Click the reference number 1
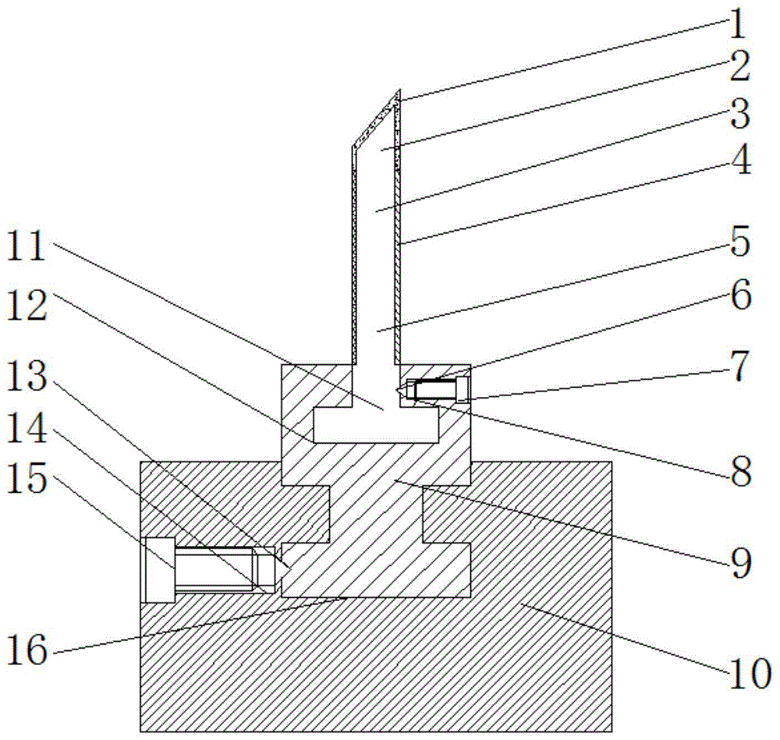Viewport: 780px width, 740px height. pos(735,23)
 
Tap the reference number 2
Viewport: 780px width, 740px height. pos(735,69)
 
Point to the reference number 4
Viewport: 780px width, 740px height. pos(735,164)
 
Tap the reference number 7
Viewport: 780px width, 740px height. pos(735,364)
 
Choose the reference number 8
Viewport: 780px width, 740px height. pos(735,470)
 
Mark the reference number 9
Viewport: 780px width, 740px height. pos(735,561)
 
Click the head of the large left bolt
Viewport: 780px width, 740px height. pos(160,569)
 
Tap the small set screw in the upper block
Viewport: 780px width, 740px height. pos(434,389)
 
